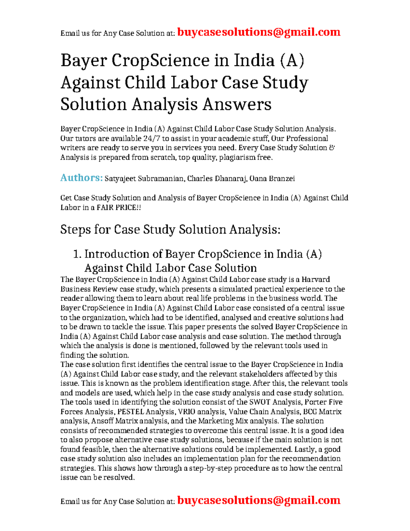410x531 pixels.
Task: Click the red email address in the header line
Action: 259,32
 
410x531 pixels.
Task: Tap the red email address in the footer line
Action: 259,500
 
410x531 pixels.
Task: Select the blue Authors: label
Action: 81,178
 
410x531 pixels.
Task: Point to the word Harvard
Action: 315,279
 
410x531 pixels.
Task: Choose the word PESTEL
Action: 131,412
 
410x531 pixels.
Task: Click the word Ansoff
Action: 102,421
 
